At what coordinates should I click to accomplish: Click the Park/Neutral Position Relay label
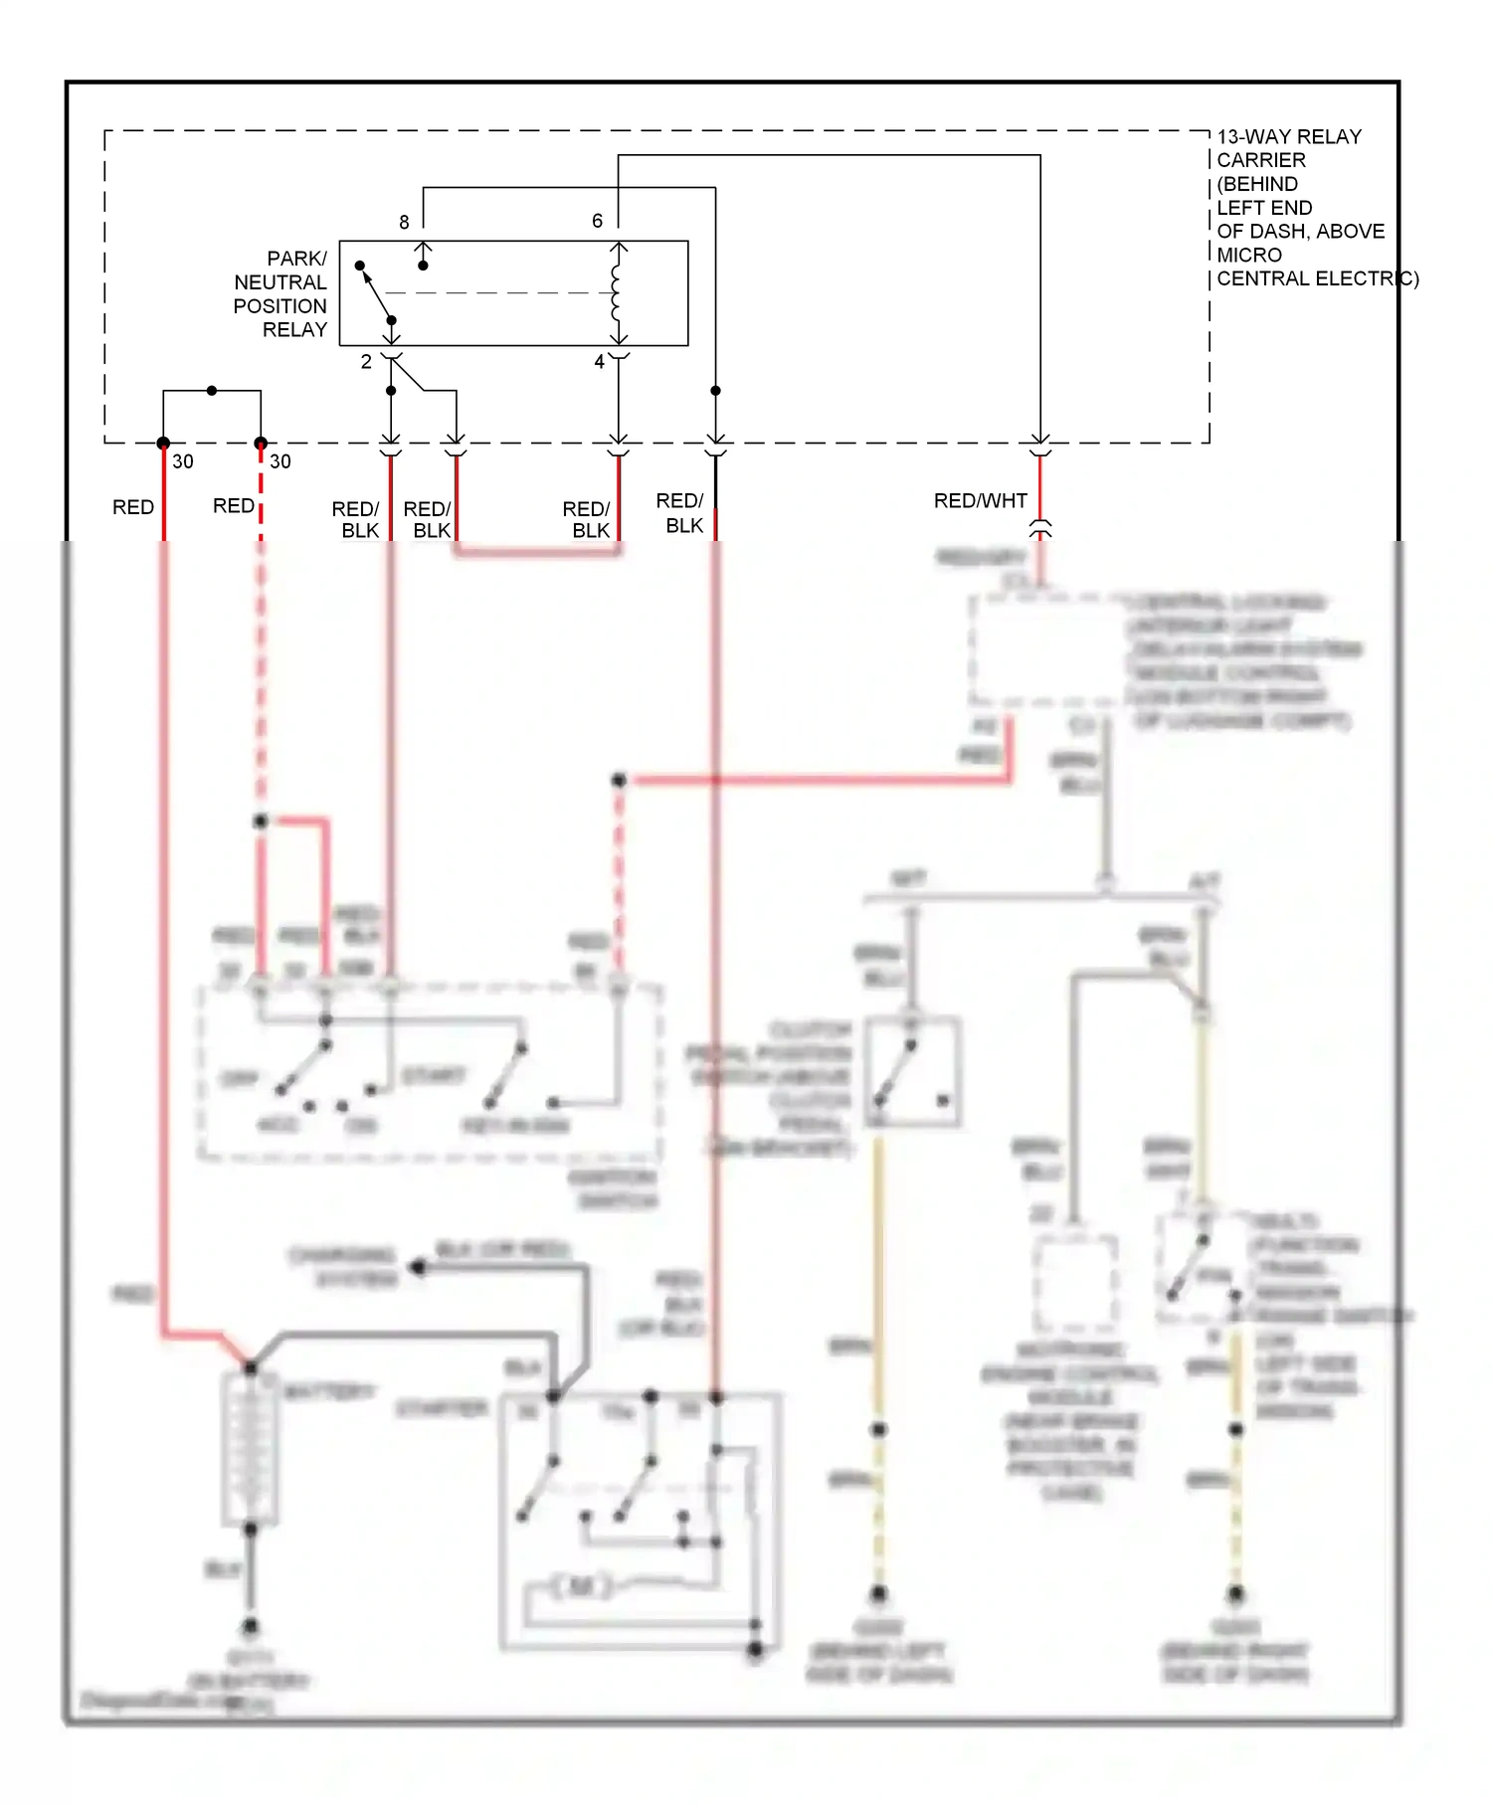click(x=280, y=293)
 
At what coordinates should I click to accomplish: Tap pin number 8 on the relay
click(x=404, y=223)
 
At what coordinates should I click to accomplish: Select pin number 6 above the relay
click(x=597, y=221)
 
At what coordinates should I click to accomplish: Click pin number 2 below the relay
click(x=366, y=362)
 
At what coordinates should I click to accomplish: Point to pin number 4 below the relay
click(x=599, y=362)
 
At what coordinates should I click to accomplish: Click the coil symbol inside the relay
click(x=617, y=292)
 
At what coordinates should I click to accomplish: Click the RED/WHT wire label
click(x=980, y=501)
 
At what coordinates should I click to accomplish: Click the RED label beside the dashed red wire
click(x=233, y=506)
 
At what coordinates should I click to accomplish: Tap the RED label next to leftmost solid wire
click(x=132, y=507)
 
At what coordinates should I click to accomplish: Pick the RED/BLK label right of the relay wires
click(x=679, y=513)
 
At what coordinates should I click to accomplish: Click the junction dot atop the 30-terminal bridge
click(x=212, y=391)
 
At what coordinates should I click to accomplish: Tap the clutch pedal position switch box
click(x=911, y=1072)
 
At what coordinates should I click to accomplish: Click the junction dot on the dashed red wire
click(x=260, y=821)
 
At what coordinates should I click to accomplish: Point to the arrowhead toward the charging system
click(x=418, y=1267)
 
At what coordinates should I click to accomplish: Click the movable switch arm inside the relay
click(x=376, y=293)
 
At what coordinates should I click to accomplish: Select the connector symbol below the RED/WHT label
click(x=1039, y=528)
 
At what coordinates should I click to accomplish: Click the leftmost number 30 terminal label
click(x=183, y=461)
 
